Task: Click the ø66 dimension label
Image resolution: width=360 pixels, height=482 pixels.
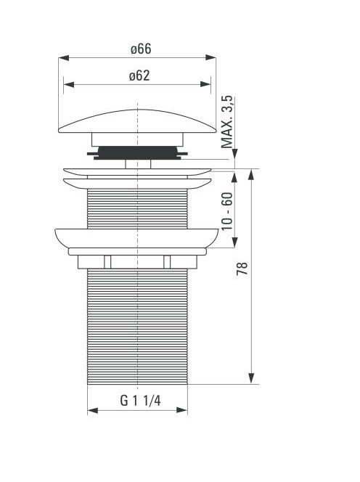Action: coord(141,49)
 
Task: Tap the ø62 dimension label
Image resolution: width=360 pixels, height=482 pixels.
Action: coord(139,75)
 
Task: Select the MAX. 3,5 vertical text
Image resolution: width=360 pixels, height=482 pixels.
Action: coord(227,122)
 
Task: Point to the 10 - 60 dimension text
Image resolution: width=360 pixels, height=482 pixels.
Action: coord(227,211)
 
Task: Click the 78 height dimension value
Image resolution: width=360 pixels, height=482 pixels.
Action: coord(242,269)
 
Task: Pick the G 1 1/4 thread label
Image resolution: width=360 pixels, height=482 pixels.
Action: coord(140,401)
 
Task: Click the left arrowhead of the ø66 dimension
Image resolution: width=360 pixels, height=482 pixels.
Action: coord(64,58)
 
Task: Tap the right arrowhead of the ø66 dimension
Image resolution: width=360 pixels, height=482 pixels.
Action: coord(210,57)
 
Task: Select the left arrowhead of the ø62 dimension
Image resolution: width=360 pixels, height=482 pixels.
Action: coord(69,84)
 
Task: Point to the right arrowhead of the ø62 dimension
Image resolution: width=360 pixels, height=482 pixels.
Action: coord(205,84)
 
